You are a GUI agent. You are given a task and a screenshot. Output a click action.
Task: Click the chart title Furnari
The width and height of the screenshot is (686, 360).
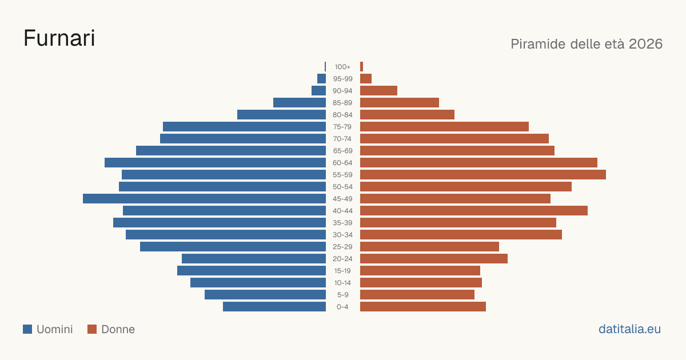(x=59, y=38)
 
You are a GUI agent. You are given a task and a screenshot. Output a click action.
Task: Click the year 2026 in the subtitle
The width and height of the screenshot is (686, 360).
(x=645, y=44)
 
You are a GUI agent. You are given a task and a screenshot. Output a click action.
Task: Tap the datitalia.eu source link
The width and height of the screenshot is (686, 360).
(x=629, y=329)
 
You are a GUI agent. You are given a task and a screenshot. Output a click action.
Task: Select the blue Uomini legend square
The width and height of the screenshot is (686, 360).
(x=27, y=329)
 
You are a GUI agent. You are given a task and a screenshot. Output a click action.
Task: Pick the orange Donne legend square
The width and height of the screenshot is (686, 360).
(x=92, y=329)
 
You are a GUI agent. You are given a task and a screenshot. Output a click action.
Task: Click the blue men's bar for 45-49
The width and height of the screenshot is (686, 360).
(x=204, y=199)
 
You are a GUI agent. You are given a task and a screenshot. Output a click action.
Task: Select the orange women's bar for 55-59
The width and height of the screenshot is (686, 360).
(x=483, y=174)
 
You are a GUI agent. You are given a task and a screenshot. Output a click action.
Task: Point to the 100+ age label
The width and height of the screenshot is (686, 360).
(x=342, y=67)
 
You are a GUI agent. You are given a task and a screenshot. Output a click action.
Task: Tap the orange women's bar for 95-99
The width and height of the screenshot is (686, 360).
(x=366, y=79)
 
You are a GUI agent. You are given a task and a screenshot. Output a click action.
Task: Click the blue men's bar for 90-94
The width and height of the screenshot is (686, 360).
(x=318, y=91)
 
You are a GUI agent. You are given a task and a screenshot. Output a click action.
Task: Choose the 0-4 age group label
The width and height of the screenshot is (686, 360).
(x=342, y=307)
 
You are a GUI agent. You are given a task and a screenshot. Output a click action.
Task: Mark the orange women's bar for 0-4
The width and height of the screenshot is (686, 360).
(x=423, y=307)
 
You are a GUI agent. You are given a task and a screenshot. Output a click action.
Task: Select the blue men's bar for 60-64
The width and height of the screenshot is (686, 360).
(x=216, y=162)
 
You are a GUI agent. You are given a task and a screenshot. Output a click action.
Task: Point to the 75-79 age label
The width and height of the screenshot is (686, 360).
(x=342, y=127)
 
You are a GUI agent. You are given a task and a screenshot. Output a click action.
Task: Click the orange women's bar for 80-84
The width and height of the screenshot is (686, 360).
(x=407, y=115)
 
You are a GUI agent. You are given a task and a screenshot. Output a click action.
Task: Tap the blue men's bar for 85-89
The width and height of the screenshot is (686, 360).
(x=300, y=102)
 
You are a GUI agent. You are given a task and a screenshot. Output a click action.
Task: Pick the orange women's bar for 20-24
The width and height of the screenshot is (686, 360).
(x=434, y=259)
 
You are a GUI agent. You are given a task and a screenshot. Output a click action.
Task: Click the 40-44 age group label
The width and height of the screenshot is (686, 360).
(x=342, y=211)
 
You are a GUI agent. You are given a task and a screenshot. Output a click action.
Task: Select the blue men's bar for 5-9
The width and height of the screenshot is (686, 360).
(x=265, y=295)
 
